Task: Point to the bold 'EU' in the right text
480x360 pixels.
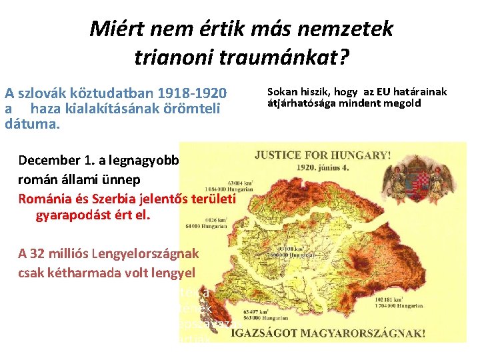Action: click(x=383, y=92)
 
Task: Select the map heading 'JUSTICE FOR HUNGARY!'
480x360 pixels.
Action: click(x=322, y=155)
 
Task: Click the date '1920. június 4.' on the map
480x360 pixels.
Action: click(x=322, y=168)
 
